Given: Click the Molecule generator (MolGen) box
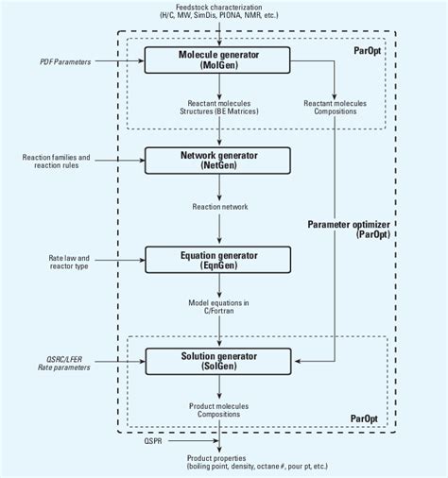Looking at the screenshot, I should tap(219, 61).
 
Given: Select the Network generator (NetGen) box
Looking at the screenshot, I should tap(219, 159).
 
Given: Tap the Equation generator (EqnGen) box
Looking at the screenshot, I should tap(219, 257).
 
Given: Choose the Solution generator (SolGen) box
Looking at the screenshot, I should tap(219, 360).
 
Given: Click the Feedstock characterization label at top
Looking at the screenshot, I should tap(219, 11).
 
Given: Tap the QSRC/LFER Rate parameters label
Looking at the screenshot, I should tap(58, 363).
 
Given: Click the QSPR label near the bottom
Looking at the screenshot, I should tap(153, 439).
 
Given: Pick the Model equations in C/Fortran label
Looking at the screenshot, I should tap(219, 306).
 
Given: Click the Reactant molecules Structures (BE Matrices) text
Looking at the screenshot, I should tap(219, 108).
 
